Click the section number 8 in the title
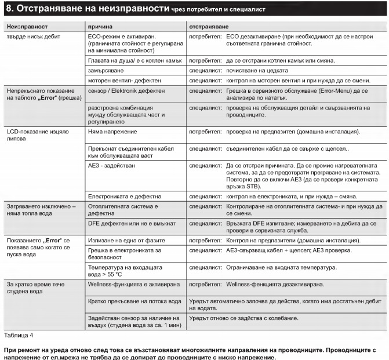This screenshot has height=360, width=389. tap(9, 9)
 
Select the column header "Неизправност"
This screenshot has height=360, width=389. tap(27, 27)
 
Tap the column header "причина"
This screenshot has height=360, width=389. tap(100, 27)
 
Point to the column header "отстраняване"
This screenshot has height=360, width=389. tap(209, 27)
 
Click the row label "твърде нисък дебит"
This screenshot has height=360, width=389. tap(34, 36)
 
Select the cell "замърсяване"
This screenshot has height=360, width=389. tap(107, 70)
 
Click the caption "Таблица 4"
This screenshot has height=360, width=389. tap(19, 335)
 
